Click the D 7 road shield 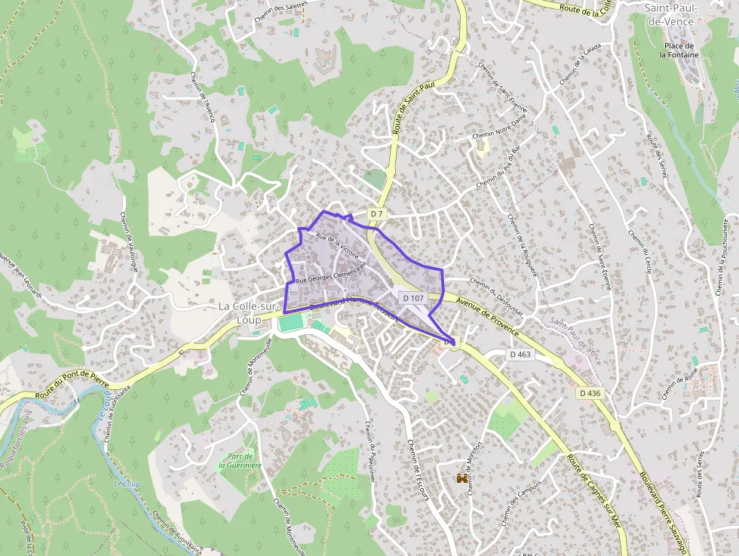coord(377,215)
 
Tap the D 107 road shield coord(413,298)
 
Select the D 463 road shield coord(520,354)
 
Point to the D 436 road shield coord(590,393)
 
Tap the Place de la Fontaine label coord(679,50)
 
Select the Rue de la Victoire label coord(337,246)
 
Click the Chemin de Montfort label coord(474,468)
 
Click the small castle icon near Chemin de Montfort coord(461,478)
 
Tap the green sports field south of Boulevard coord(290,323)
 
